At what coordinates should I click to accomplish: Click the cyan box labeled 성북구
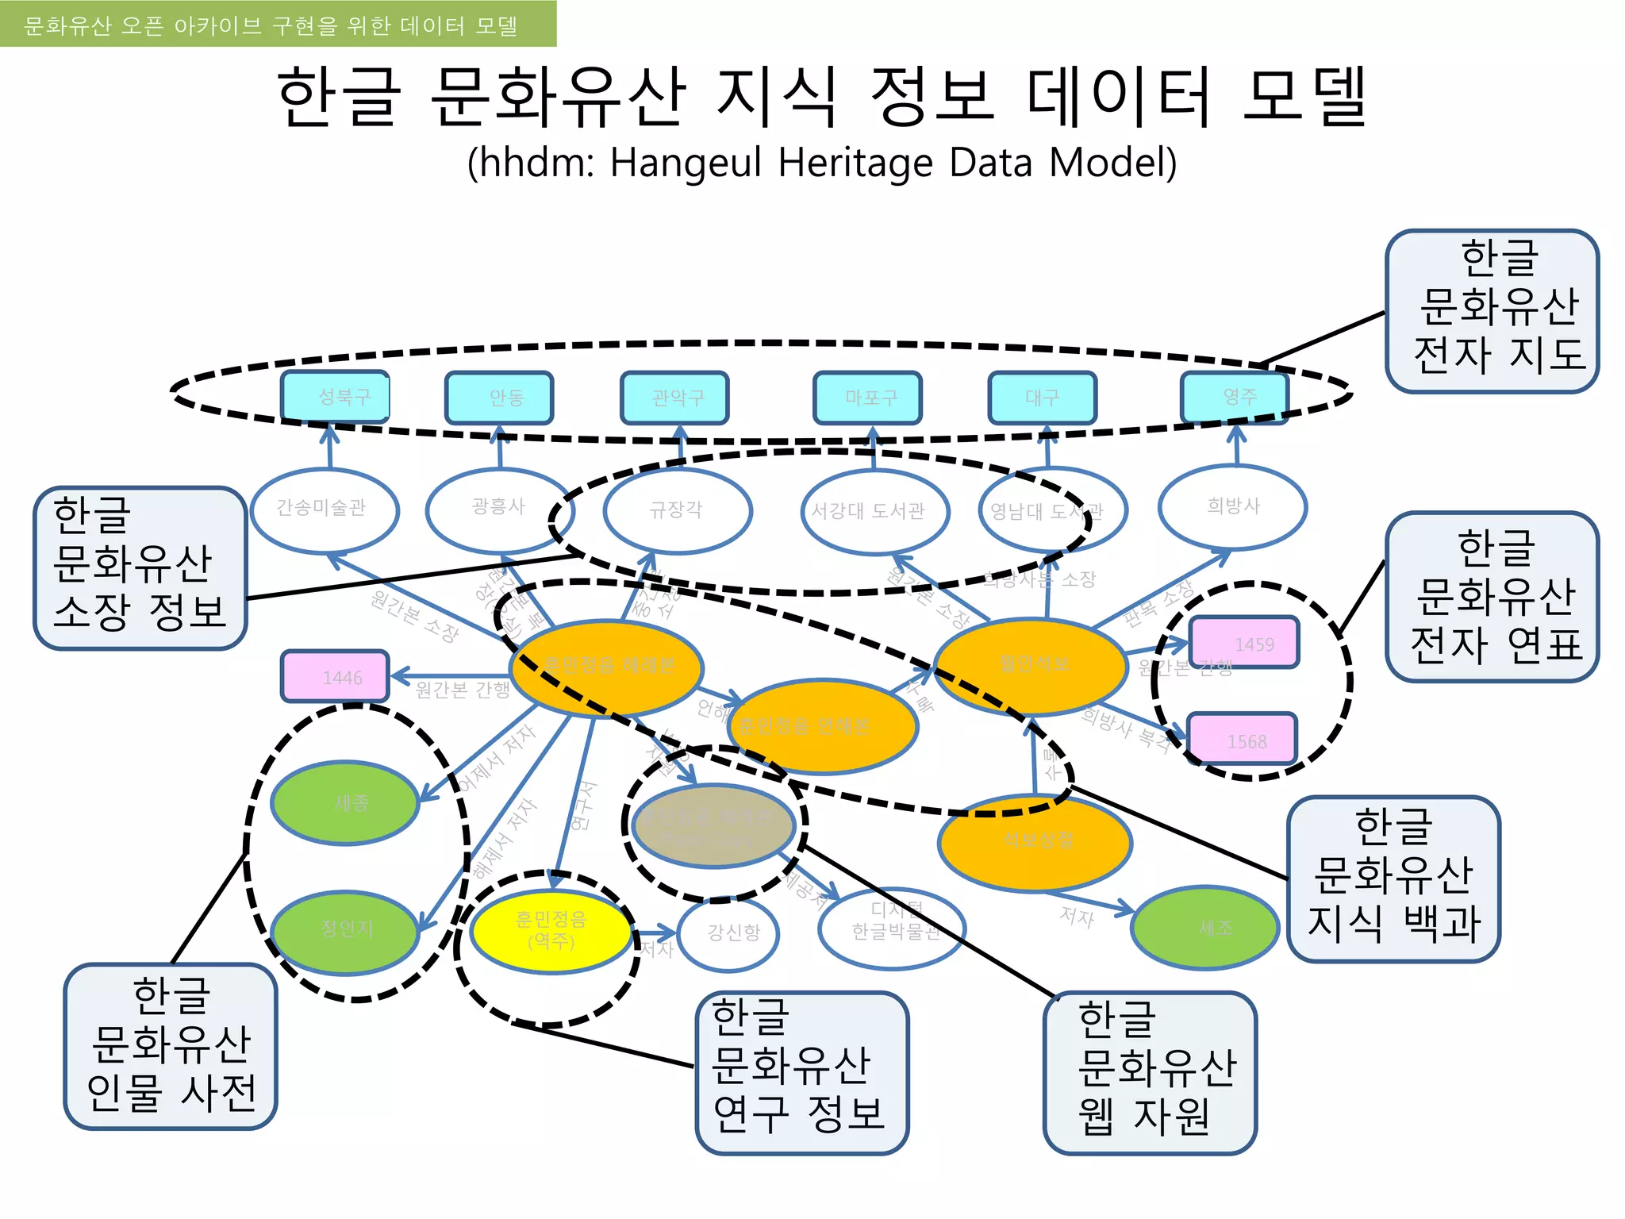click(336, 396)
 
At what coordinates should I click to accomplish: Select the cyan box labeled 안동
click(499, 397)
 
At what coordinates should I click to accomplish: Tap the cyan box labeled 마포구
click(868, 397)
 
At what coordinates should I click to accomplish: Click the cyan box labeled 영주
click(1235, 396)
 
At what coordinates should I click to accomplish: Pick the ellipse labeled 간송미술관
click(324, 509)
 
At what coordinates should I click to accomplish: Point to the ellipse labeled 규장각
click(677, 510)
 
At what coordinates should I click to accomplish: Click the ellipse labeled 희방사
click(1232, 506)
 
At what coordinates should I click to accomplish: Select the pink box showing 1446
click(336, 676)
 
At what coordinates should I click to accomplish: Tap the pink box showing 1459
click(1244, 643)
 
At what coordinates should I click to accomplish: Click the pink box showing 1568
click(1242, 740)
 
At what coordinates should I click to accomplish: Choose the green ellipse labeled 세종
click(345, 802)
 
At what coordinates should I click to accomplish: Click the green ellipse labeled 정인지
click(345, 931)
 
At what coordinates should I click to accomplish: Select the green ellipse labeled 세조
click(1205, 927)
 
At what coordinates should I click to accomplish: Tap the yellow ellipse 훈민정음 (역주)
click(551, 931)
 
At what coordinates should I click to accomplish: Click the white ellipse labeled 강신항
click(729, 933)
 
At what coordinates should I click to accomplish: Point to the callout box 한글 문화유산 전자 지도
click(1492, 311)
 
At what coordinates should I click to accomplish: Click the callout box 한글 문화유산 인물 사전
click(171, 1046)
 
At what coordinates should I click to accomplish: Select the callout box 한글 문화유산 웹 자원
click(1150, 1071)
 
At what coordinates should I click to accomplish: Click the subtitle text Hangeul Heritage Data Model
click(822, 163)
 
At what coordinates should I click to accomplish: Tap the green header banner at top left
click(278, 24)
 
